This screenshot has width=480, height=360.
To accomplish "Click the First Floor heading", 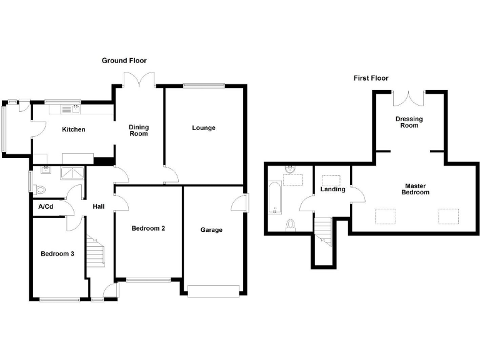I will (x=371, y=78).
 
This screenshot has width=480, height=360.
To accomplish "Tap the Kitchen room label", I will (x=73, y=130).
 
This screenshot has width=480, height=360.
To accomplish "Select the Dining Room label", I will (x=139, y=130).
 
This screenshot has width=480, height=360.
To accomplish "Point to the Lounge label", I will (x=203, y=128).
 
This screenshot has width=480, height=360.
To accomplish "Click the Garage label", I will (x=211, y=230).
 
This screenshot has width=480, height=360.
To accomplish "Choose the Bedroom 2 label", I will (x=148, y=228).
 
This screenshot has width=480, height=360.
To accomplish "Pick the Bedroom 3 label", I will (x=57, y=254).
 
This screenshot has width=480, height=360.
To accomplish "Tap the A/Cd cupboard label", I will (x=46, y=207).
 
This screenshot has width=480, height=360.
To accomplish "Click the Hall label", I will (x=99, y=207).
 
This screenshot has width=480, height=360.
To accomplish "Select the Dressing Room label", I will (x=409, y=122).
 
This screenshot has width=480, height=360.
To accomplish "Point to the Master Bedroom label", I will (x=416, y=189).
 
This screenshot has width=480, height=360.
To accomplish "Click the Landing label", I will (x=332, y=189).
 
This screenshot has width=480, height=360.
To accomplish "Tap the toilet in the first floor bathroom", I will (x=290, y=224).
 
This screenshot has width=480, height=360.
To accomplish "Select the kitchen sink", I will (x=74, y=109).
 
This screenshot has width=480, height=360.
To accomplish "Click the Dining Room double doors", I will (x=139, y=80).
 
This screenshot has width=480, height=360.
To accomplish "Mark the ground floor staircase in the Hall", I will (x=95, y=253).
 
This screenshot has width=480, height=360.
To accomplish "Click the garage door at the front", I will (x=213, y=290).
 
